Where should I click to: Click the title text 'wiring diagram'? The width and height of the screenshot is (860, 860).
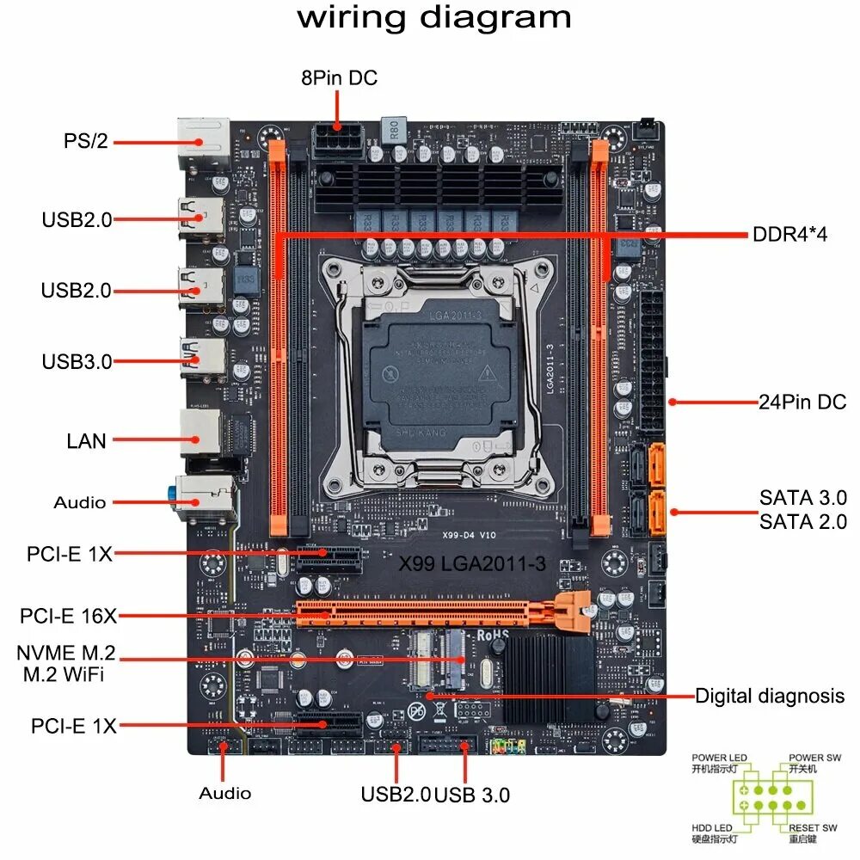coord(434,18)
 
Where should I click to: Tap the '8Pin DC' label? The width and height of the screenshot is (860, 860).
coord(339,78)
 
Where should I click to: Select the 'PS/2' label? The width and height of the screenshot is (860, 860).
coord(86,141)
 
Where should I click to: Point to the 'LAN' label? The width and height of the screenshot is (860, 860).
coord(87,441)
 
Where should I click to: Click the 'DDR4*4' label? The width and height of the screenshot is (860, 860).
coord(789,234)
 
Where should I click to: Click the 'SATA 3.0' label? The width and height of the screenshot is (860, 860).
coord(802,498)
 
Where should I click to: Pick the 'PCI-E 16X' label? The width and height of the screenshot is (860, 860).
coord(68,616)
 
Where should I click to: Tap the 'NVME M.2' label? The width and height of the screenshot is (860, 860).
coord(66,653)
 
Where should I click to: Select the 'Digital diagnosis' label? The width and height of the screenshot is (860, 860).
coord(770,696)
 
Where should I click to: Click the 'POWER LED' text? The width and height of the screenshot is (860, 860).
coord(719,758)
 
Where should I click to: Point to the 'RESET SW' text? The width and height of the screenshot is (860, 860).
coord(813,827)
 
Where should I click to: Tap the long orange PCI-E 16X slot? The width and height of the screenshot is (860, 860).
coord(430,613)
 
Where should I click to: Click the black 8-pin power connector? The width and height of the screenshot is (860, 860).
coord(339,138)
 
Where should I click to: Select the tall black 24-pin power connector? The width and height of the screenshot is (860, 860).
coord(652,361)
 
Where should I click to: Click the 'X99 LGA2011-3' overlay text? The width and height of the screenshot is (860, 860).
coord(471,565)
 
